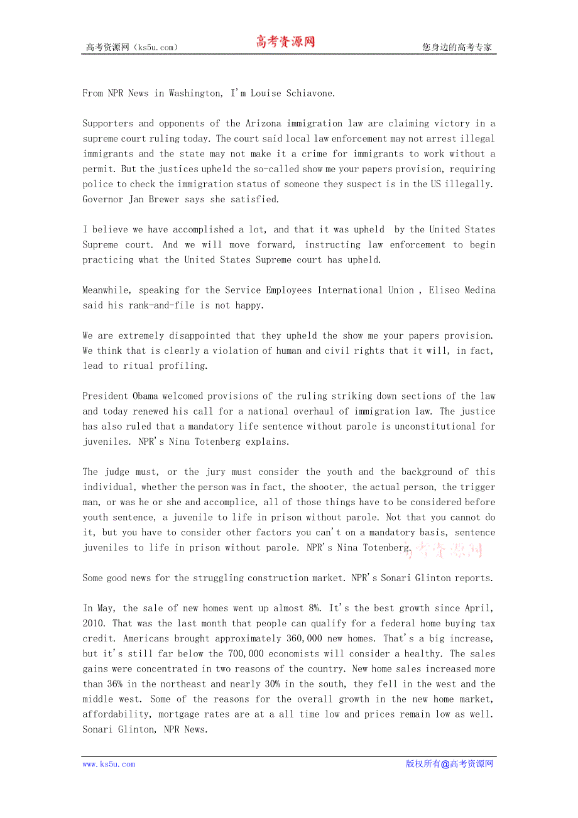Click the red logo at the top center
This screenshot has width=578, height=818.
point(285,42)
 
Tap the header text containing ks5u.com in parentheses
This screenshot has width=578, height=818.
point(132,47)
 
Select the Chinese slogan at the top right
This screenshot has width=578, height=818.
point(457,47)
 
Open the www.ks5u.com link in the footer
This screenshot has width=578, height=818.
point(109,765)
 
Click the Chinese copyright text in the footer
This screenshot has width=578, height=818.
point(449,765)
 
